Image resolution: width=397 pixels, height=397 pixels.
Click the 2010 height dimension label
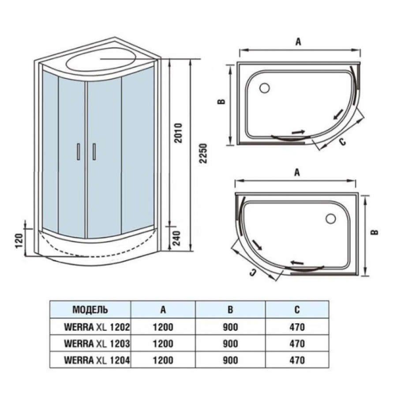coord(178,133)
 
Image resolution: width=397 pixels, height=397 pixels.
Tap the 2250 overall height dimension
coord(203,154)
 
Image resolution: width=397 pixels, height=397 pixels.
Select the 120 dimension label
coord(20,240)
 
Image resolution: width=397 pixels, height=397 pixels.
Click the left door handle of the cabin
coord(79,152)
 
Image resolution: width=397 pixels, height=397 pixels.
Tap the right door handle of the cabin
coord(94,152)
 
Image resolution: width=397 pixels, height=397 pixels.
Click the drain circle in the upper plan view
coord(265,88)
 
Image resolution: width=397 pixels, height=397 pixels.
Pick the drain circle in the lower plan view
coord(331,218)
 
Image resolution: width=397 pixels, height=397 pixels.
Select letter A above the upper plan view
coord(299,42)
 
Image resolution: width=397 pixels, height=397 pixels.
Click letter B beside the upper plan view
coord(222,101)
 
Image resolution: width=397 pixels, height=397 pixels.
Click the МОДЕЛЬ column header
coord(90,309)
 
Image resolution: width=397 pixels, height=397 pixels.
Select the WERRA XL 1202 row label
coord(97,327)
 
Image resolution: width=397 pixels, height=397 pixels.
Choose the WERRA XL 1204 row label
coord(97,360)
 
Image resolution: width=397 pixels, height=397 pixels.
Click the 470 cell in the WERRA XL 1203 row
coord(297,344)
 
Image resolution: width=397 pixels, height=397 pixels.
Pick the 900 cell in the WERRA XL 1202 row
coord(230,327)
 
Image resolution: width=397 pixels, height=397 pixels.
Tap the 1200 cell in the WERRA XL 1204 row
coord(163,360)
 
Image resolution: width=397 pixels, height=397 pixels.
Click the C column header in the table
coord(297,309)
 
